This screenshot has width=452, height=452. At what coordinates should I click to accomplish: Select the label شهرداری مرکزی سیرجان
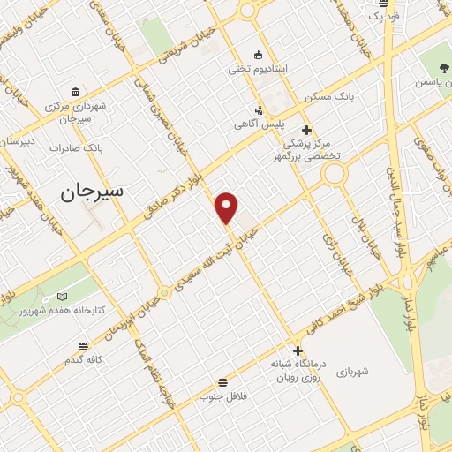[x=78, y=112]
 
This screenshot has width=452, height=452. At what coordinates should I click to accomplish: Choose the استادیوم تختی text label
[x=256, y=68]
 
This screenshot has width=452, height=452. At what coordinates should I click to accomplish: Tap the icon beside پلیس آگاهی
[x=259, y=110]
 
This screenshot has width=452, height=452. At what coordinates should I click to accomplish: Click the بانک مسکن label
[x=328, y=96]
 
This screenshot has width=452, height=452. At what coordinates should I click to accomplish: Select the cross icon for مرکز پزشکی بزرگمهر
[x=306, y=131]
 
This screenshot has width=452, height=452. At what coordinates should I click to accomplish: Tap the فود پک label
[x=360, y=16]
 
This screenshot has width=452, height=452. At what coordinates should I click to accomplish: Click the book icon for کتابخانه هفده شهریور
[x=61, y=297]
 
